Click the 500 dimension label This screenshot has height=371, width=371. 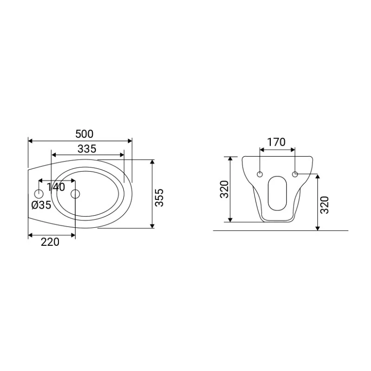pyautogui.click(x=84, y=134)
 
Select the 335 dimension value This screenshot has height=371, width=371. pyautogui.click(x=87, y=149)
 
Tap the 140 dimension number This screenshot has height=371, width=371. pyautogui.click(x=56, y=187)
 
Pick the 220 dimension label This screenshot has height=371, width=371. pyautogui.click(x=50, y=242)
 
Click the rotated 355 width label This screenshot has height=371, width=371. pyautogui.click(x=160, y=198)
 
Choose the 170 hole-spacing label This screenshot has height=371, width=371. pyautogui.click(x=277, y=142)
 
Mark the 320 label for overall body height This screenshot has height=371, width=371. pyautogui.click(x=224, y=189)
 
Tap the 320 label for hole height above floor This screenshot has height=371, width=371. pyautogui.click(x=324, y=205)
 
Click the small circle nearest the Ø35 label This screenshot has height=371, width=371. pyautogui.click(x=39, y=193)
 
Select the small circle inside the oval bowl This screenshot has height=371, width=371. pyautogui.click(x=76, y=193)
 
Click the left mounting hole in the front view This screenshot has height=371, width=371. pyautogui.click(x=260, y=174)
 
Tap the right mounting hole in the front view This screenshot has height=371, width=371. pyautogui.click(x=295, y=174)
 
